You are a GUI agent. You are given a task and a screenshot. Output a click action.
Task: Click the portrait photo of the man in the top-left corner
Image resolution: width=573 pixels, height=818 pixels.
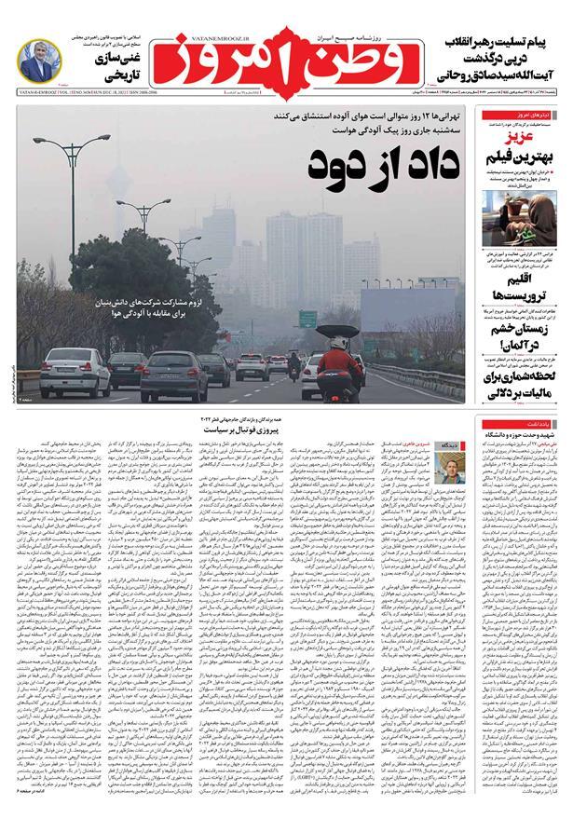41,66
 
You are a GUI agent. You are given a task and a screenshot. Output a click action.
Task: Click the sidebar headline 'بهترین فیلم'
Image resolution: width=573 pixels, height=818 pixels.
522,156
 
